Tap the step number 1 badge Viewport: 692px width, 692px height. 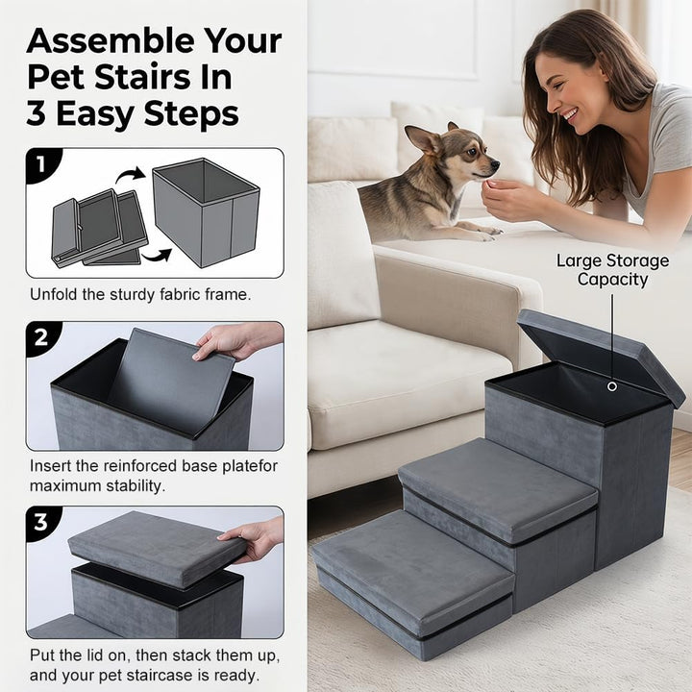[41, 164]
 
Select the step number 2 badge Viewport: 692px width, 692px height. [41, 338]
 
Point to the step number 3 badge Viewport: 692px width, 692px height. [41, 523]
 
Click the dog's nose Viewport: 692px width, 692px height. [495, 165]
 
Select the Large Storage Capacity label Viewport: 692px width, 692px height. [612, 270]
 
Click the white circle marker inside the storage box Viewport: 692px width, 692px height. [612, 386]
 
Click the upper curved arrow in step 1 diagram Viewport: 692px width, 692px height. [130, 173]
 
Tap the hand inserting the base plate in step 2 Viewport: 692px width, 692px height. [238, 341]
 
